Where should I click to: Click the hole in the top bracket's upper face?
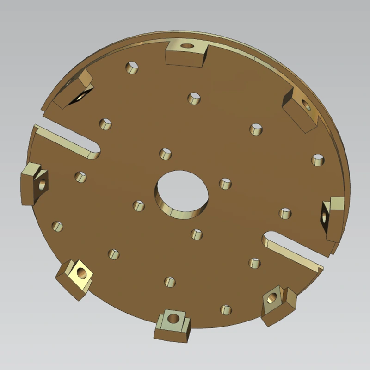coord(187,45)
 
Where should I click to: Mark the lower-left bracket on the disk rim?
coord(75,277)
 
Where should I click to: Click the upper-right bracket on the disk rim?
coord(300,111)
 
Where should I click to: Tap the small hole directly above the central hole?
coord(165,154)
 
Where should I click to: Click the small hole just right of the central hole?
coord(225,184)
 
